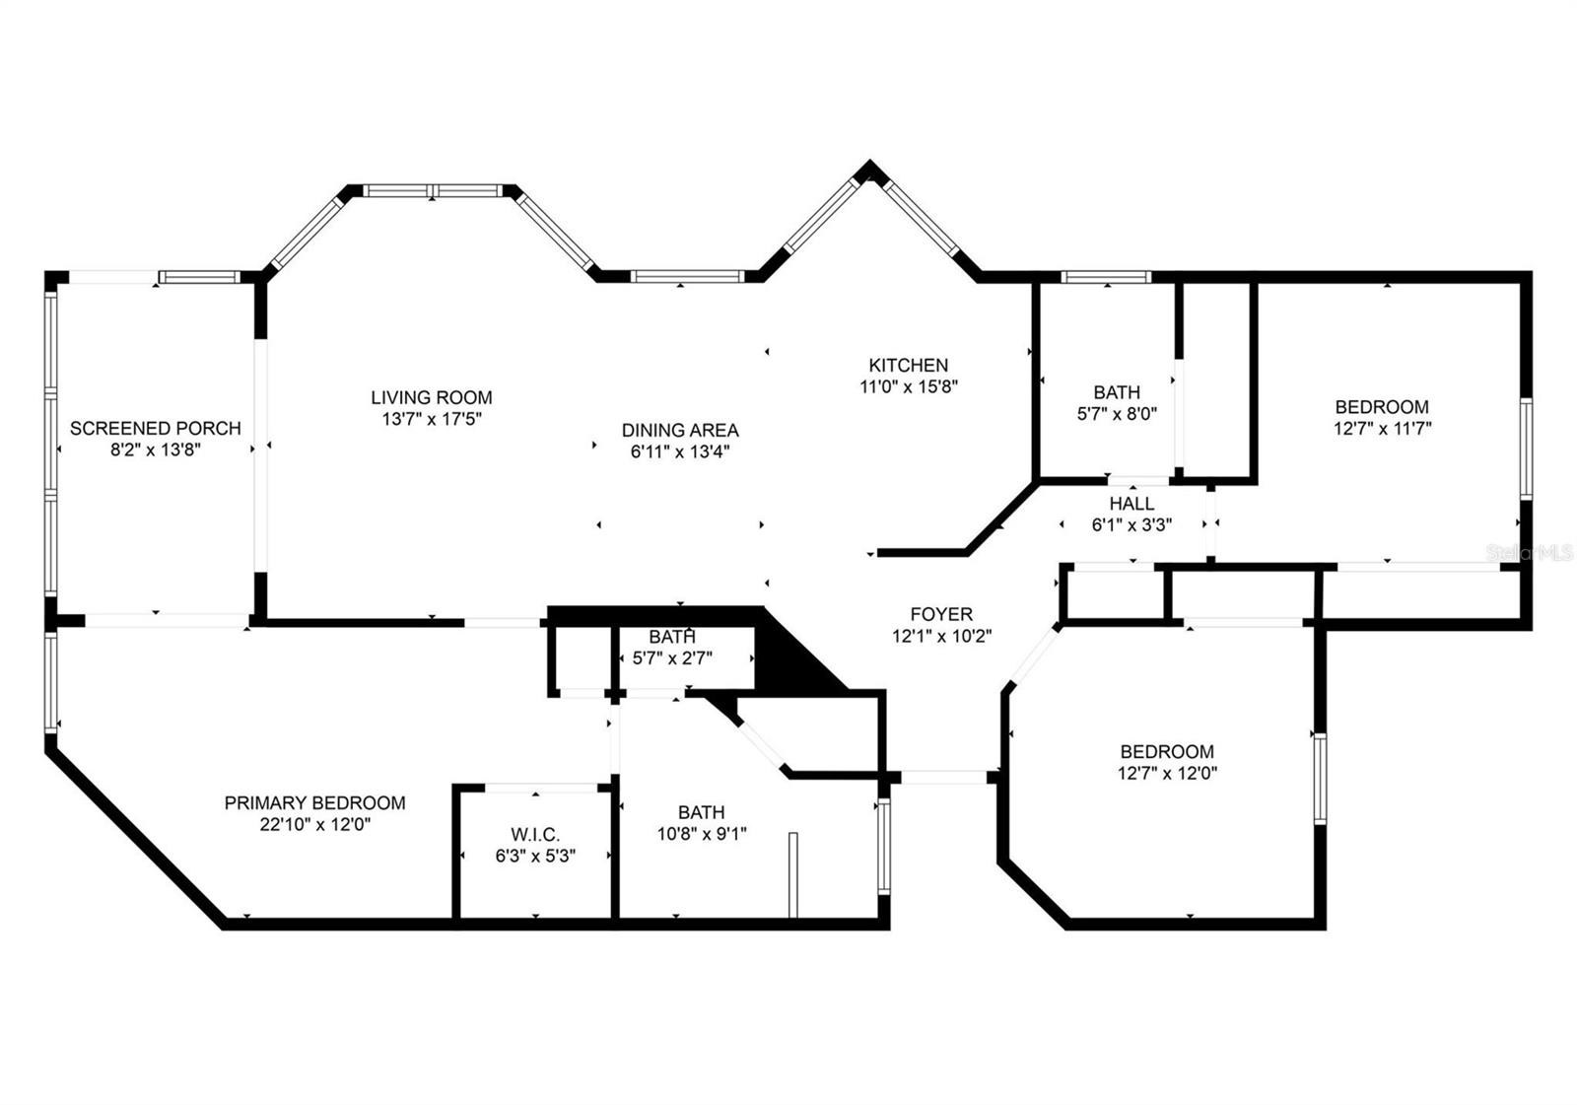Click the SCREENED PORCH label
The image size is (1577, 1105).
click(155, 428)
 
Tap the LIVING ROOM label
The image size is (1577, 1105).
click(431, 397)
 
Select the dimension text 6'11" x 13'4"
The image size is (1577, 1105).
click(680, 452)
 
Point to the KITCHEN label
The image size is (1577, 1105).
click(908, 365)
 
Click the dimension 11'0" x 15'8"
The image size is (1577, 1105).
click(908, 387)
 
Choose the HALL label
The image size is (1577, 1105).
click(1131, 504)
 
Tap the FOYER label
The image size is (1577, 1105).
click(940, 614)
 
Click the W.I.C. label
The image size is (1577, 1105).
click(535, 835)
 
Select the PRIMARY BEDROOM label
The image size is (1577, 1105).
click(314, 803)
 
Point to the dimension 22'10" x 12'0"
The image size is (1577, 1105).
click(314, 826)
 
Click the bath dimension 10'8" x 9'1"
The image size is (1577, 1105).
click(701, 835)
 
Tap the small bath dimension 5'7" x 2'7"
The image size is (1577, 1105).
click(671, 657)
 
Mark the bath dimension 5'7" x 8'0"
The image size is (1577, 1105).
click(1116, 415)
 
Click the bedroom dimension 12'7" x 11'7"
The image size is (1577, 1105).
click(1381, 429)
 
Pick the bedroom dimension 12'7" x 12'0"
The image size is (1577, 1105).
click(1167, 774)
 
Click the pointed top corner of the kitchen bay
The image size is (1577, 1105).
click(868, 167)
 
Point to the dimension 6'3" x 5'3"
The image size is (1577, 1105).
click(535, 857)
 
